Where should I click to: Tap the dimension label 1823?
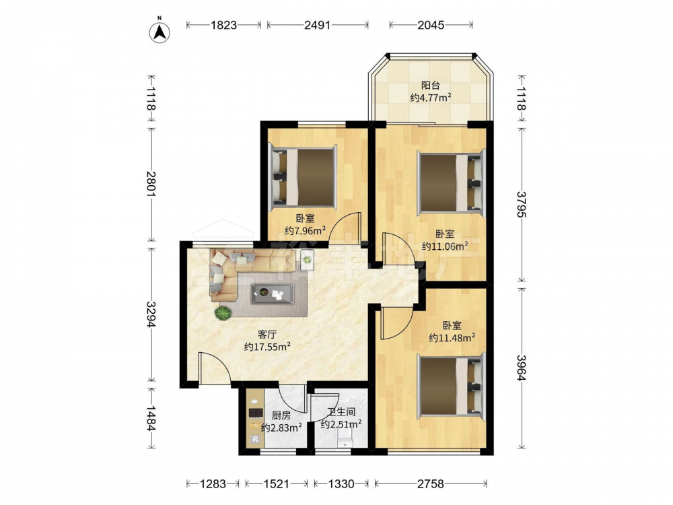point(223,25)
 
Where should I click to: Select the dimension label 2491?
point(317,25)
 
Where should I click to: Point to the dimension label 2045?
point(431,25)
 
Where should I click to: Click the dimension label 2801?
point(151,184)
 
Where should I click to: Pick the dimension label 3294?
point(151,314)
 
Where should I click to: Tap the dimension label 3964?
point(522,368)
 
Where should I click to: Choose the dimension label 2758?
point(431,484)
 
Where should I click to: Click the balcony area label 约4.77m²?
point(431,98)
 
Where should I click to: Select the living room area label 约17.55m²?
point(267,346)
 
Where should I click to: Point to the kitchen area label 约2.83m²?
point(281,428)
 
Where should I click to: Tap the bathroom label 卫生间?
point(341,412)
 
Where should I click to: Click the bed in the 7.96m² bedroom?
point(302,176)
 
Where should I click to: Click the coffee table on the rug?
point(272,294)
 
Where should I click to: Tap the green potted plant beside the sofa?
point(223,312)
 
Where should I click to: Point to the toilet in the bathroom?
point(345,440)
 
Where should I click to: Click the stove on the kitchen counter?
point(255,413)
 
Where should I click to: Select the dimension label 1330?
point(341,484)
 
